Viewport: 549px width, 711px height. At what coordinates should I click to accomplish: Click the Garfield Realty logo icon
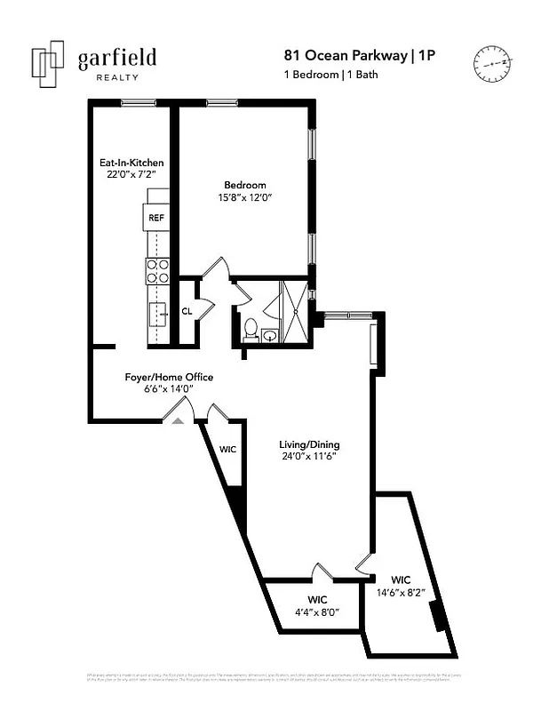[47, 64]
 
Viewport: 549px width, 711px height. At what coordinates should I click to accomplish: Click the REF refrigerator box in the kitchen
[156, 218]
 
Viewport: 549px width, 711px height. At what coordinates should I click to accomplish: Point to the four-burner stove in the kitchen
[157, 271]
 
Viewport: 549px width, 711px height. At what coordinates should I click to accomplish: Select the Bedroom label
[244, 185]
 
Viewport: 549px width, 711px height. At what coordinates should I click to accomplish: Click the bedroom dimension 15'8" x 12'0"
[244, 197]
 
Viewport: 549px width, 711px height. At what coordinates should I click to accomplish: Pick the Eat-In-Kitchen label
[131, 164]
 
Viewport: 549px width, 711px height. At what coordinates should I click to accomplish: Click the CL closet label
[187, 311]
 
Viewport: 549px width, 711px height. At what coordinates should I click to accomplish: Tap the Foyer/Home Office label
[168, 377]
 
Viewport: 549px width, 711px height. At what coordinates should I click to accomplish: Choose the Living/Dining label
[309, 444]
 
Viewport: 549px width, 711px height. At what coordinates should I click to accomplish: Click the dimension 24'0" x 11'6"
[309, 457]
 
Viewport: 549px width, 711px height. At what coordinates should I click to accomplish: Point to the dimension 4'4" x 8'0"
[317, 612]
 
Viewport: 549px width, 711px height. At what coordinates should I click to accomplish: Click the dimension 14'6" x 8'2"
[401, 591]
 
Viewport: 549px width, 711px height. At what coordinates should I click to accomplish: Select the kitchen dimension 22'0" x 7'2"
[131, 176]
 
